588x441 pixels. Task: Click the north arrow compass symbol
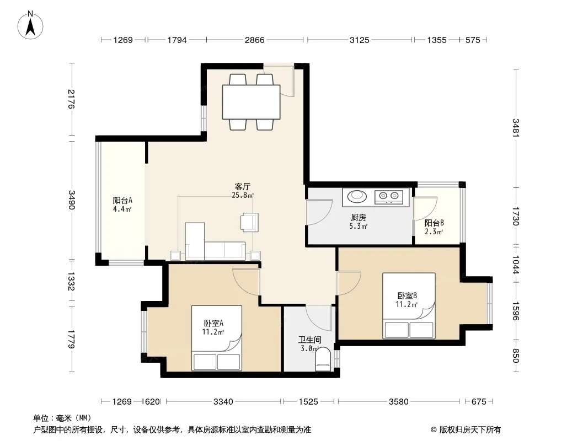coord(30,25)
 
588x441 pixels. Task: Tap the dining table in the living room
coord(251,103)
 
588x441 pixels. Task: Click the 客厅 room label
coord(243,186)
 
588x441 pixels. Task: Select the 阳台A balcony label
coord(122,201)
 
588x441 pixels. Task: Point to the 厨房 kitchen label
coord(359,217)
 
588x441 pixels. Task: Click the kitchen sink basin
coord(357,196)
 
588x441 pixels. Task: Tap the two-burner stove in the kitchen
coord(389,196)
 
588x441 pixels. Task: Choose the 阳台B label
coord(434,223)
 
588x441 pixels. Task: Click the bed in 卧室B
coord(409,306)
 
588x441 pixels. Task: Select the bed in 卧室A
coord(217,338)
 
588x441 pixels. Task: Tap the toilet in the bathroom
coord(323,359)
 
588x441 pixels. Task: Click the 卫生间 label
coord(310,340)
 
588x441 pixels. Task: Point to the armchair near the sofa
coord(249,222)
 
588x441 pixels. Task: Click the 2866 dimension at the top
coord(255,40)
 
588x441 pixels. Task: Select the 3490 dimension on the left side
coord(72,200)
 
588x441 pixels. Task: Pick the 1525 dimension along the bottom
coord(308,402)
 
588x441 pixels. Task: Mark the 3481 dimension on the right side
coord(516,128)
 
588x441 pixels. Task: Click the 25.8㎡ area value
coord(243,195)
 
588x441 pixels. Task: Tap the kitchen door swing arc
coord(320,212)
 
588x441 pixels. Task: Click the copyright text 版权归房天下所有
coord(470,430)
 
